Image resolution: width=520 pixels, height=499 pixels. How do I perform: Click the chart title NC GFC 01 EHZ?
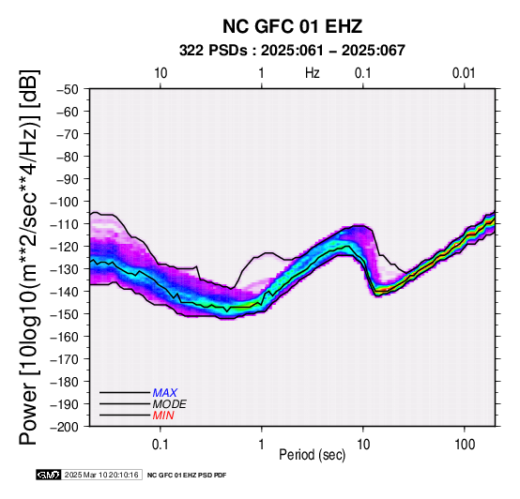point(292,26)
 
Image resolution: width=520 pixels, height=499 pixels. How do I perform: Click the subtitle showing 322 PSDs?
point(292,51)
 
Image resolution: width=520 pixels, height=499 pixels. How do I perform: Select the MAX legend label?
point(165,393)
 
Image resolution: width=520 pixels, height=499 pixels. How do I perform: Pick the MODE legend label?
point(170,404)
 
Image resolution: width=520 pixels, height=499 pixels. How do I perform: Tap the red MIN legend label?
point(163,416)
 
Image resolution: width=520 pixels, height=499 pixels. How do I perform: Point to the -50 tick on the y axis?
point(68,89)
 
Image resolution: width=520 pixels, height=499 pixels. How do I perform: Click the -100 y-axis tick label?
point(65,202)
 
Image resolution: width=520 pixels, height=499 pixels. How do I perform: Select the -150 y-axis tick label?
point(65,314)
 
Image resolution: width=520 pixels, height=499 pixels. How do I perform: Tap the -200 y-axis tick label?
point(65,427)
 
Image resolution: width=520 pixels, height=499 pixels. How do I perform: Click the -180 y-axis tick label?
point(65,382)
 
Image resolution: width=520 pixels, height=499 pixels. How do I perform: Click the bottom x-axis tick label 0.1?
point(161,445)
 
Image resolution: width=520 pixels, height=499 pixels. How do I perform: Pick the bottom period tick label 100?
point(465,445)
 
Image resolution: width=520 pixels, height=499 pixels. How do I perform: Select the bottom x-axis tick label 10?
point(363,445)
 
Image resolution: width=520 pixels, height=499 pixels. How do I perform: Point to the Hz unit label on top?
point(313,73)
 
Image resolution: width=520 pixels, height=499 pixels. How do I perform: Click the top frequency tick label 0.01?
point(464,73)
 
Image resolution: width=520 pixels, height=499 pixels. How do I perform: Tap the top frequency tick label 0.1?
point(363,73)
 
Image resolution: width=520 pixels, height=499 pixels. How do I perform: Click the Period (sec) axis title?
point(312,455)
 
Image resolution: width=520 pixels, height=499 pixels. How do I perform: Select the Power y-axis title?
point(29,257)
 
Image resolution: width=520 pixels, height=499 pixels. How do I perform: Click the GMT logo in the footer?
point(49,475)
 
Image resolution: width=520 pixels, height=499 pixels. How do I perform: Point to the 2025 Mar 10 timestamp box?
point(101,475)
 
